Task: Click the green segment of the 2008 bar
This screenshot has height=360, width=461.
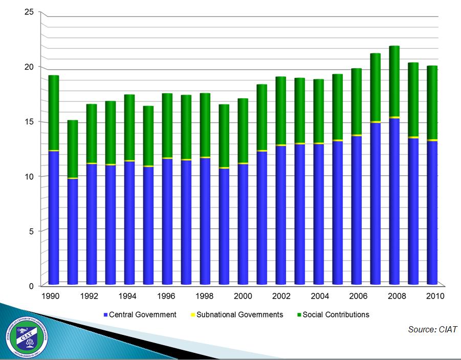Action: pos(394,82)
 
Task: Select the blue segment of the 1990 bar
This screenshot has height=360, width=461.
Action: pos(54,218)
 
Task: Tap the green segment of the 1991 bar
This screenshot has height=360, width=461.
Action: pos(73,149)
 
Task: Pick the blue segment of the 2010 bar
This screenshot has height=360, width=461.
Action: pos(432,213)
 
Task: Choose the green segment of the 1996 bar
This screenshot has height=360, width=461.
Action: pos(167,125)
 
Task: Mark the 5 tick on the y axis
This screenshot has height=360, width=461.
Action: pos(31,231)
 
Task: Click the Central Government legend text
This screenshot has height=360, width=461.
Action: pos(143,314)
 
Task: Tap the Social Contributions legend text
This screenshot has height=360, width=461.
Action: pos(336,314)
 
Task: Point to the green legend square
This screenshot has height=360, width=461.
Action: pos(299,314)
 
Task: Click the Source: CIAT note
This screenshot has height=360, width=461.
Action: pos(432,330)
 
